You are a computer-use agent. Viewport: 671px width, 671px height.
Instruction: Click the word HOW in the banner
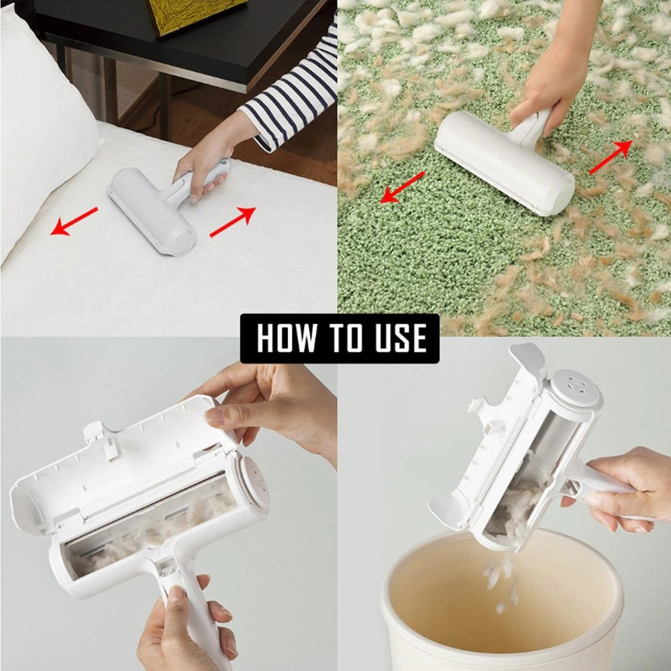click(287, 338)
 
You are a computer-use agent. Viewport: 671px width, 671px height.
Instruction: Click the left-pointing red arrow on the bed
click(74, 221)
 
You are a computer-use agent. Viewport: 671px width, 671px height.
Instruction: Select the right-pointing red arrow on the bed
click(233, 221)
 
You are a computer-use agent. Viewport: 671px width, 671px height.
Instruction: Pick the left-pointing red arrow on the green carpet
click(403, 187)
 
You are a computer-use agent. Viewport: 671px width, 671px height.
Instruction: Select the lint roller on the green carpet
click(503, 161)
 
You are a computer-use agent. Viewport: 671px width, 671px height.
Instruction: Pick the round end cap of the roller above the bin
click(574, 389)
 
